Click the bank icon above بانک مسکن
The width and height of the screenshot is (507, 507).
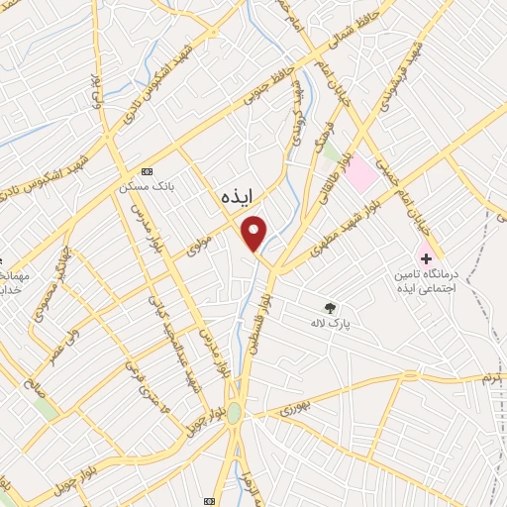[147, 169]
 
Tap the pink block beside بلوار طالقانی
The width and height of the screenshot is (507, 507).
[361, 175]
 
